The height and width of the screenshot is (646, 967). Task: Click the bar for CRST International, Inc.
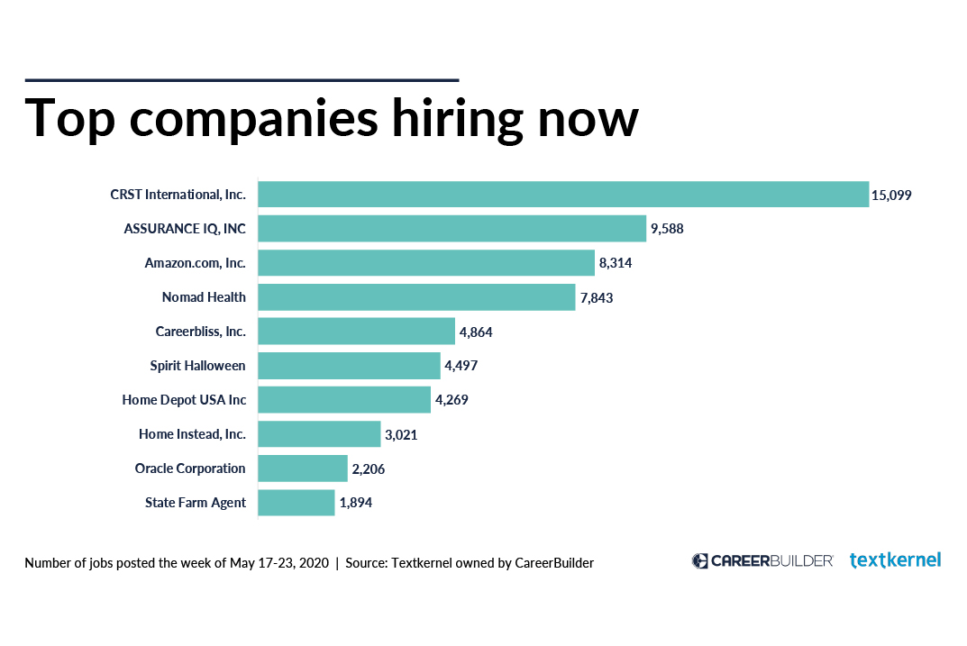563,195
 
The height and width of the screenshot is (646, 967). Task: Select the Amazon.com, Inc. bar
426,263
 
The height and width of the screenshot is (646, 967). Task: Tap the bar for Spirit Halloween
349,366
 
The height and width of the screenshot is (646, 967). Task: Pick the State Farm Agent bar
296,503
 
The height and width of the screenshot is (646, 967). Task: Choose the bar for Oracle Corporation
303,469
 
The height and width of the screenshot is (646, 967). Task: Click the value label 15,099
892,195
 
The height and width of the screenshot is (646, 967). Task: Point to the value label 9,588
667,229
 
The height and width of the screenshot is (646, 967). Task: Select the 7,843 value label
596,297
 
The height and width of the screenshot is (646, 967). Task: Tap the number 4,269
452,400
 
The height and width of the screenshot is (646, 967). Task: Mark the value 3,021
401,434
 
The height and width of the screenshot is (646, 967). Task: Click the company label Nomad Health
204,297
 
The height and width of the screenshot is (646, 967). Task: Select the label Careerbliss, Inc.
200,332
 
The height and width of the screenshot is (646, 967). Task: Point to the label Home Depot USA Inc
184,400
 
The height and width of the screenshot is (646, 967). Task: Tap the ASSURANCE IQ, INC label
185,229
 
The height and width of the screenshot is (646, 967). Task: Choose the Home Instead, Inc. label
192,434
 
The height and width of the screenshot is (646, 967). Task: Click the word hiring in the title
444,118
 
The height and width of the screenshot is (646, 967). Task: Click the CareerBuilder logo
762,560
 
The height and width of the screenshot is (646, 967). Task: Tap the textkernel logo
895,560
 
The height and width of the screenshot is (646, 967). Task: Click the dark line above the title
242,80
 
